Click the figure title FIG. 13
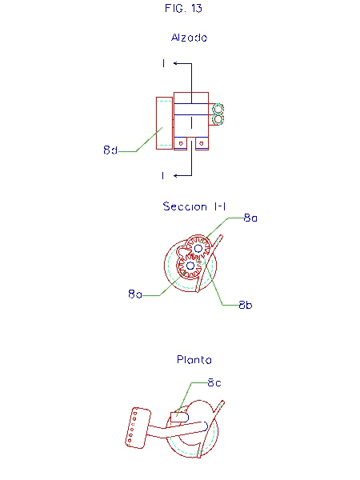pyautogui.click(x=183, y=8)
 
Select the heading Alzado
pyautogui.click(x=189, y=38)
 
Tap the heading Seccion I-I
pyautogui.click(x=194, y=206)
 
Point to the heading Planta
pyautogui.click(x=194, y=359)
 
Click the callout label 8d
pyautogui.click(x=110, y=150)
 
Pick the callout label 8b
pyautogui.click(x=246, y=305)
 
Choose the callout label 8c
pyautogui.click(x=214, y=382)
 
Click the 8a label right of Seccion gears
pyautogui.click(x=250, y=218)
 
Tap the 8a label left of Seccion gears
pyautogui.click(x=135, y=294)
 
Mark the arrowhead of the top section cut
pyautogui.click(x=175, y=63)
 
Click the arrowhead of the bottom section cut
pyautogui.click(x=175, y=176)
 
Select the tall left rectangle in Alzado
pyautogui.click(x=164, y=123)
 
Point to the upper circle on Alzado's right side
pyautogui.click(x=218, y=109)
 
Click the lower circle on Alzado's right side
pyautogui.click(x=218, y=119)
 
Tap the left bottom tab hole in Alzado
pyautogui.click(x=181, y=143)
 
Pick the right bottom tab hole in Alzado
pyautogui.click(x=202, y=143)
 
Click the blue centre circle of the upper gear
pyautogui.click(x=198, y=248)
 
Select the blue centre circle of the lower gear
pyautogui.click(x=190, y=266)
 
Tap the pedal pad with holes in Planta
pyautogui.click(x=138, y=428)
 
